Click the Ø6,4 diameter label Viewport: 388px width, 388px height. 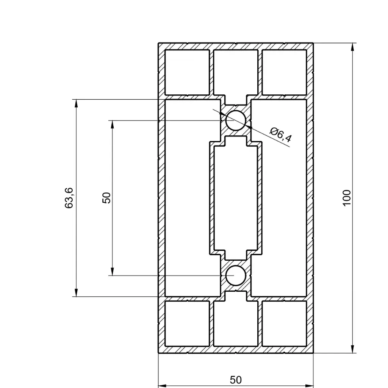(281, 135)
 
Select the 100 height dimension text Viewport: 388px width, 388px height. (347, 198)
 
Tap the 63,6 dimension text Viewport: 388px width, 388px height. (69, 198)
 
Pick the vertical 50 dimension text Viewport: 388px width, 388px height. (107, 198)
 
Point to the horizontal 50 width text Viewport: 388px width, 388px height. (236, 380)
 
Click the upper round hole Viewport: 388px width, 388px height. (235, 120)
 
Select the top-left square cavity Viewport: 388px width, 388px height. (187, 72)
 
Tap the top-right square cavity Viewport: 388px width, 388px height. (284, 72)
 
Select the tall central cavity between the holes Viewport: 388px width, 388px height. (235, 198)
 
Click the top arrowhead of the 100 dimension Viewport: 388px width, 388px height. (353, 47)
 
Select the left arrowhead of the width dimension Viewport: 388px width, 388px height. (162, 386)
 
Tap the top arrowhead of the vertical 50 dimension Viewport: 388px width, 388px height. (112, 124)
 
